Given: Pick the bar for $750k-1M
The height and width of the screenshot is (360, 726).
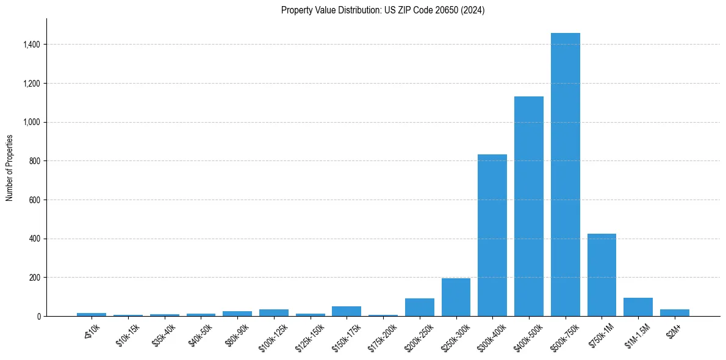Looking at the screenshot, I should tap(602, 275).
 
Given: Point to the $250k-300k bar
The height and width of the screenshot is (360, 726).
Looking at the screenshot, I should tap(456, 297).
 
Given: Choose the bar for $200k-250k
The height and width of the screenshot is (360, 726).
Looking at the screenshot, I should tap(419, 307).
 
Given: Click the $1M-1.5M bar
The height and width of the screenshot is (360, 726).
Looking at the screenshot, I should tap(638, 307).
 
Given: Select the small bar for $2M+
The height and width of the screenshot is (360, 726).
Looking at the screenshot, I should tap(674, 312).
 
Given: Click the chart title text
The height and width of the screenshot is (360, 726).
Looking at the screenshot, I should tap(383, 10).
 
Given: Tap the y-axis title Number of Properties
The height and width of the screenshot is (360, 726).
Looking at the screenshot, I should tap(10, 167).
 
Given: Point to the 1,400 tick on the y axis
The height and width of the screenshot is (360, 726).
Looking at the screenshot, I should tap(31, 45).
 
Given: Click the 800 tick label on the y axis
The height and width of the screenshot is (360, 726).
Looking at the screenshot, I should tap(34, 161).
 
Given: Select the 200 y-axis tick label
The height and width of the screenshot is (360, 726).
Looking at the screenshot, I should tap(34, 278).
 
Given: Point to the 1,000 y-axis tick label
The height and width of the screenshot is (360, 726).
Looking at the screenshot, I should tap(31, 122).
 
